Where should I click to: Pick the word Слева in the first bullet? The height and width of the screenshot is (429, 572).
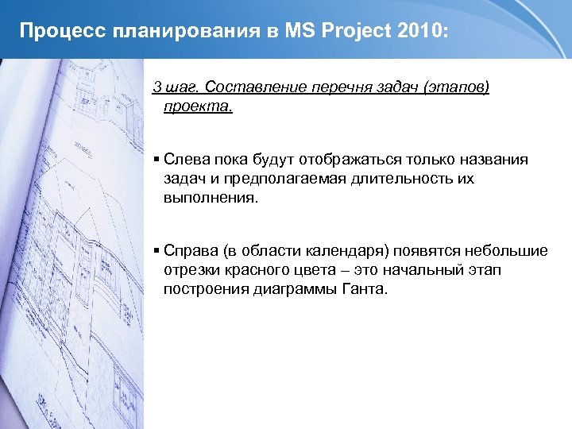coord(184,160)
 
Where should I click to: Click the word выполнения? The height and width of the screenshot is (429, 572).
coord(211,198)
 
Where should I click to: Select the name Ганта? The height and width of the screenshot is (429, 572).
coord(366,289)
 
